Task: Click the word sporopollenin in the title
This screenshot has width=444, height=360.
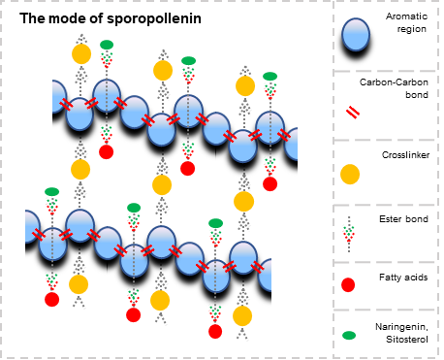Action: [154, 18]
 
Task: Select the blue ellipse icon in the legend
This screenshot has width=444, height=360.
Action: [356, 35]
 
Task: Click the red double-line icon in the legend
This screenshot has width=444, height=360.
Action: [353, 113]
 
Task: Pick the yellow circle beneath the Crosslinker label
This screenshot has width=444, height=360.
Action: [350, 175]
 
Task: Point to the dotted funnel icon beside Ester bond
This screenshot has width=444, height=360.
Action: [349, 234]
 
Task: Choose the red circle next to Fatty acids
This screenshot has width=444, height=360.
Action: [348, 284]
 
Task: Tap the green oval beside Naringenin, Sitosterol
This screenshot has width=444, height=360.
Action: [349, 336]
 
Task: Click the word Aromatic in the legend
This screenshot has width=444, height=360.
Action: [406, 16]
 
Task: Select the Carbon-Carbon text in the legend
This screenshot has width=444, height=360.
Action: [394, 82]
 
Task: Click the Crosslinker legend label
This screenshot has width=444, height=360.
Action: [406, 155]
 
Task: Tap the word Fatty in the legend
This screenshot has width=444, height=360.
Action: [390, 278]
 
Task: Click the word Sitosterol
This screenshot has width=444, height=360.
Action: [407, 340]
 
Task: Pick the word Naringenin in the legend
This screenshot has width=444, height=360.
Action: [401, 327]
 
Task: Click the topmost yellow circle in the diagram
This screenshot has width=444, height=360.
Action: [81, 54]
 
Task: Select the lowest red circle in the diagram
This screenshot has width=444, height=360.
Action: [215, 332]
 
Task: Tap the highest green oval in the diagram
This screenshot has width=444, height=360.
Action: [107, 45]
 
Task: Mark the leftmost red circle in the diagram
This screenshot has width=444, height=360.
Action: [52, 299]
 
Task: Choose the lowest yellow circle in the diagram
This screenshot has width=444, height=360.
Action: [242, 316]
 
